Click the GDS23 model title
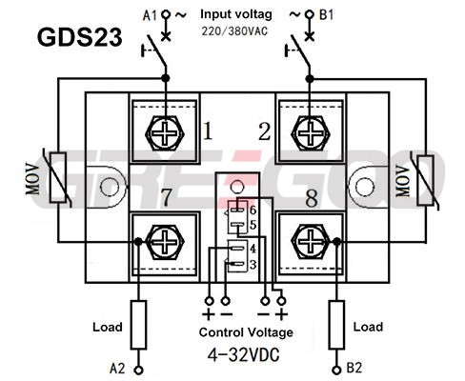click(79, 37)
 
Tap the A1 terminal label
click(150, 15)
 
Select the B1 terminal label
click(327, 14)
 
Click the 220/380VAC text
click(234, 31)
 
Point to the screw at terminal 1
click(165, 133)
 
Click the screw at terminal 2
click(311, 133)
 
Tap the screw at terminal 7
click(165, 242)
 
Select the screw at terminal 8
click(311, 242)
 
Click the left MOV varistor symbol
click(58, 177)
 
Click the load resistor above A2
click(139, 325)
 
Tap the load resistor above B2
click(336, 325)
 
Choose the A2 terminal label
click(117, 369)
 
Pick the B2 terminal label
click(354, 368)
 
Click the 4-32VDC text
click(244, 355)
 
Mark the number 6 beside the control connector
click(253, 210)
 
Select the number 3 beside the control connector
click(253, 264)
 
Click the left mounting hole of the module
click(110, 188)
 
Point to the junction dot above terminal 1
click(165, 78)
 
